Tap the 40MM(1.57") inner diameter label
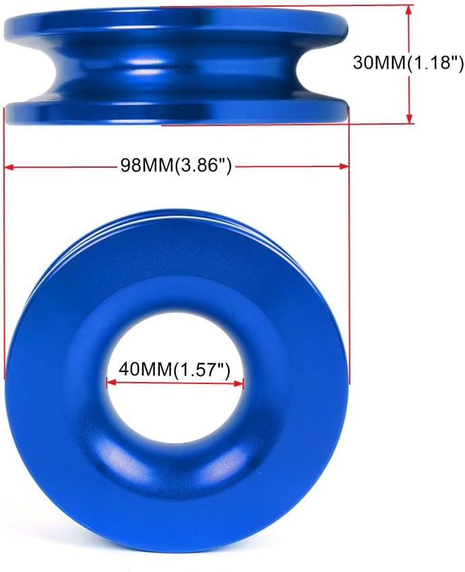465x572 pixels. [175, 369]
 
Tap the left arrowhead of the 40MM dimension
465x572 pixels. [111, 383]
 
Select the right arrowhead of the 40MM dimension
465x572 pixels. [239, 383]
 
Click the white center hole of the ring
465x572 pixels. [175, 404]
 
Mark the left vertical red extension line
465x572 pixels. [5, 269]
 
